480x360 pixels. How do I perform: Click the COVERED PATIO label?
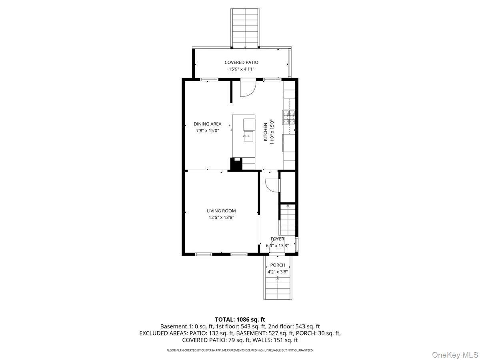click(241, 62)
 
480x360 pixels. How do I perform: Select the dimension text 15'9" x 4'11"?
click(241, 69)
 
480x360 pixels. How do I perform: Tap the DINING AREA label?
click(208, 124)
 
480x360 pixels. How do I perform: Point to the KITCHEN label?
click(265, 132)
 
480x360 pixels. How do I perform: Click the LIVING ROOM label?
click(221, 211)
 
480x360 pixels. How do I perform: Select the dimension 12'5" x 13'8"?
click(221, 218)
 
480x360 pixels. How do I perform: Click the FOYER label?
click(277, 239)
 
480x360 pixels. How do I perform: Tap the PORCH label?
click(278, 265)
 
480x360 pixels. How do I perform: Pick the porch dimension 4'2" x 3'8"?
click(278, 272)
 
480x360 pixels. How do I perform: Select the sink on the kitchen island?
click(248, 136)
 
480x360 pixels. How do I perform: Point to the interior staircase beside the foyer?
click(287, 220)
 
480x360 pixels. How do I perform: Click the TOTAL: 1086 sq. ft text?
click(240, 319)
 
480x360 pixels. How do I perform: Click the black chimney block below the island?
click(236, 164)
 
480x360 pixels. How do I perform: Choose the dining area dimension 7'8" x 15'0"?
click(208, 131)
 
